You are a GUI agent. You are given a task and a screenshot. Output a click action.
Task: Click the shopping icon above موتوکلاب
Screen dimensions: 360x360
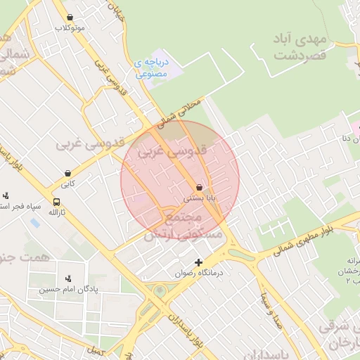[69, 18]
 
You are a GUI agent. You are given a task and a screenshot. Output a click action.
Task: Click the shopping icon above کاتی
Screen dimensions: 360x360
[67, 172]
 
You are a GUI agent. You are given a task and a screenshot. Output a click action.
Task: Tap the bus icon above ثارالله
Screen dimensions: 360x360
[56, 202]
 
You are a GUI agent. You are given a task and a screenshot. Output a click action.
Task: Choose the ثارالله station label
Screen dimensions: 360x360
[56, 212]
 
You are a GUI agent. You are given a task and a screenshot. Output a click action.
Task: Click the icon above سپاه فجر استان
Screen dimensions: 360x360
[6, 195]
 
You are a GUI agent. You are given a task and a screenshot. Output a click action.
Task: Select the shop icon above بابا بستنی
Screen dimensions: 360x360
[200, 188]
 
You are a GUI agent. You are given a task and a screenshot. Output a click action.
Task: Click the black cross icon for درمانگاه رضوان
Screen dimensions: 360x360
[198, 262]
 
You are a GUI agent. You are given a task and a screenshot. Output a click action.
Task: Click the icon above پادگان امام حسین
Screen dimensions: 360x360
[68, 278]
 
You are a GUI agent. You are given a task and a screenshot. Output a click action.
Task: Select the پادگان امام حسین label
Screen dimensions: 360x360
[68, 289]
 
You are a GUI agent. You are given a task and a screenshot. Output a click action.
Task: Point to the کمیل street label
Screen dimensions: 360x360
[94, 349]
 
